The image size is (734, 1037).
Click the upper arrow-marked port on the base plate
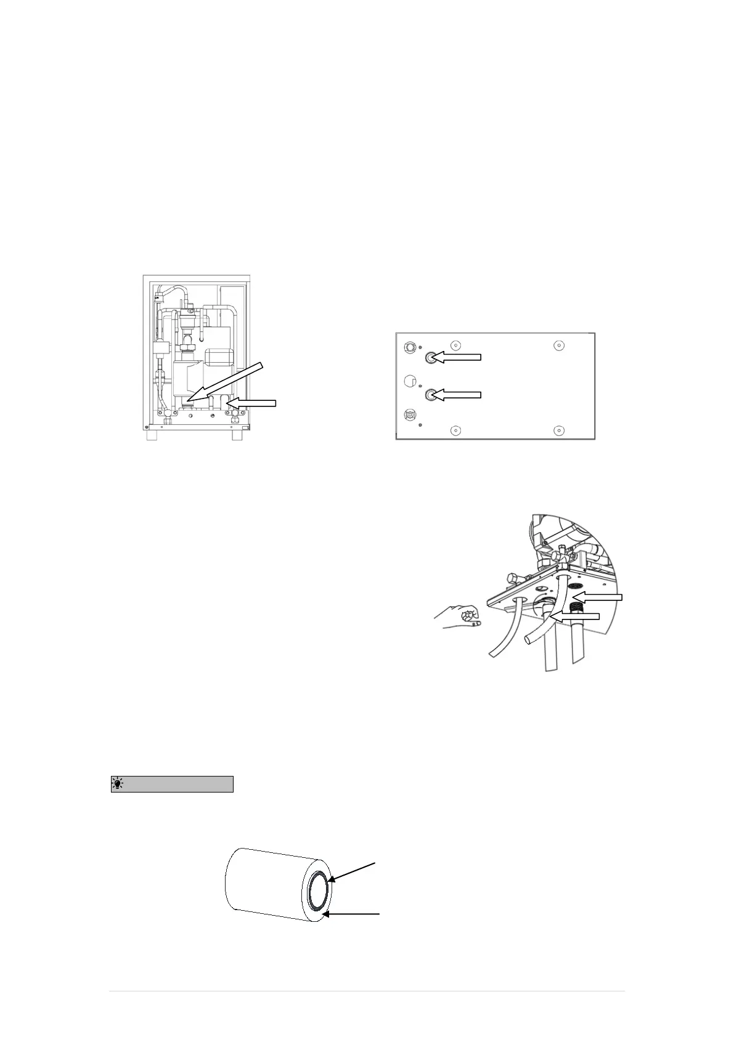431,357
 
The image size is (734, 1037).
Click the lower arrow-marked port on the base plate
431,394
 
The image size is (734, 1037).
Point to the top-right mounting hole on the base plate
558,344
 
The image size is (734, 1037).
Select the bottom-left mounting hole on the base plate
454,430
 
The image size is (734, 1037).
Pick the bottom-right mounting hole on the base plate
559,430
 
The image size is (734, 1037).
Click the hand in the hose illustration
458,617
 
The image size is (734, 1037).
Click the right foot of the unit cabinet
237,434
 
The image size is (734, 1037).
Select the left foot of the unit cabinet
151,434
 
